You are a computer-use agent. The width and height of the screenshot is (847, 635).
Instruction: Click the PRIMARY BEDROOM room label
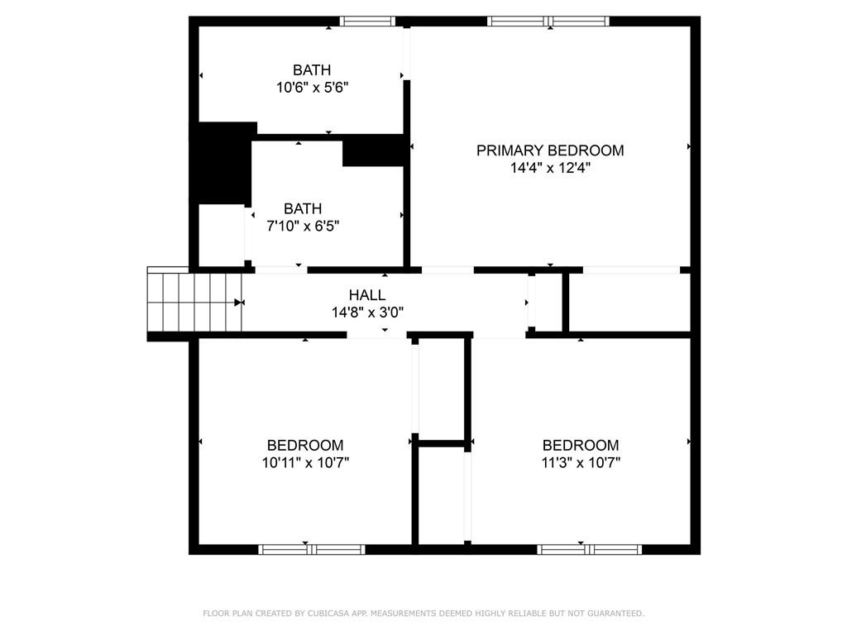tap(550, 150)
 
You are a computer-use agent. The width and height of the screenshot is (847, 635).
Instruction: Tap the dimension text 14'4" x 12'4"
tap(550, 168)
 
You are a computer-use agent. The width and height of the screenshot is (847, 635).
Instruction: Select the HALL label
tap(367, 295)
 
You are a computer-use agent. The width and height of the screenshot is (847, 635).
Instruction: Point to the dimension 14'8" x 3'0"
tap(367, 312)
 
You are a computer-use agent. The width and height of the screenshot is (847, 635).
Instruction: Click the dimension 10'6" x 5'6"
tap(312, 88)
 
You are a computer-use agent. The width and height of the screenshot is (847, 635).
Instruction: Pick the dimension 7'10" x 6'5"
tap(303, 226)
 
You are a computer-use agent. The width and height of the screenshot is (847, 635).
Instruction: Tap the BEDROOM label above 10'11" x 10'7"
tap(305, 445)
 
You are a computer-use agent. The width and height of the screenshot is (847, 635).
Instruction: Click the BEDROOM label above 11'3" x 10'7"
tap(581, 445)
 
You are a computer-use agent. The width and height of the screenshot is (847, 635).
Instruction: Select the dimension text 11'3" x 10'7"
tap(581, 463)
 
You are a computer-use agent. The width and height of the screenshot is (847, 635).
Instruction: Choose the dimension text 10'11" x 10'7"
tap(306, 463)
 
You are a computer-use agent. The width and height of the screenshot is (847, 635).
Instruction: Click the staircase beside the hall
tap(194, 302)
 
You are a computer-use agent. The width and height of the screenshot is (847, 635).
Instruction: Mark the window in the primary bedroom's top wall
tap(548, 21)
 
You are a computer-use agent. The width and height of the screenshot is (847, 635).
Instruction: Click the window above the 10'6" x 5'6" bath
tap(367, 21)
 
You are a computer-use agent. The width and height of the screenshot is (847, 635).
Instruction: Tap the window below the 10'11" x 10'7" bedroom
tap(312, 550)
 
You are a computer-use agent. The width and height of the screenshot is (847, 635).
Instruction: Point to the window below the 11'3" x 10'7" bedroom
tap(589, 550)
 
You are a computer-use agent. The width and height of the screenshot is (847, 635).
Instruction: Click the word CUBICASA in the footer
tap(328, 614)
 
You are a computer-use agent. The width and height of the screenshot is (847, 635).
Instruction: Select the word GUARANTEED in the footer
tap(615, 614)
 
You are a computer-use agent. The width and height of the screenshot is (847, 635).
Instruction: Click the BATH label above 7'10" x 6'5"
tap(303, 208)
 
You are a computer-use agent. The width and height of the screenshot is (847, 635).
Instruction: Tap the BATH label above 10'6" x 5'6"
tap(312, 69)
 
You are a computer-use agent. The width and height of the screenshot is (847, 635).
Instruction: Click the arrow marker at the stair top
tap(239, 303)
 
